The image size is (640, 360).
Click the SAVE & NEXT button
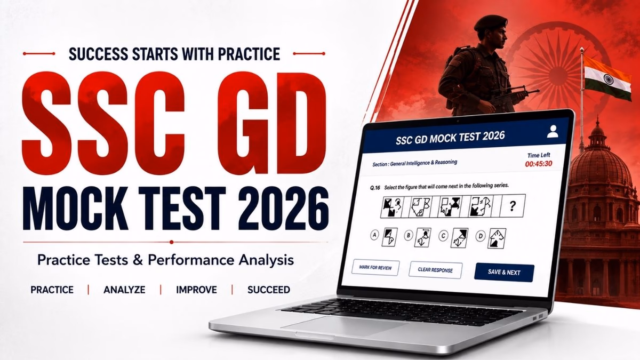coord(504,273)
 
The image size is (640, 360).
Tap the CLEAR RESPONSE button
coord(435,270)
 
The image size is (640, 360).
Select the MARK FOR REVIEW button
coord(375,268)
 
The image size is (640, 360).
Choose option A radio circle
coord(374,235)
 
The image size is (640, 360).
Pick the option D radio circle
coord(481,236)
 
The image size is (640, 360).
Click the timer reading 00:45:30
coord(539,164)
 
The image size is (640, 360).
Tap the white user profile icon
coord(553,131)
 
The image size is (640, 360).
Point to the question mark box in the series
coord(513,206)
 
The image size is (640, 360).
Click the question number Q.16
coord(375,188)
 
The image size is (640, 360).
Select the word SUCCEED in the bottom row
coord(269,290)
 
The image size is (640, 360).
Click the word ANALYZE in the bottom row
coord(124,290)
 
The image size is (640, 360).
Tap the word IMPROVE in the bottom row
coord(196,290)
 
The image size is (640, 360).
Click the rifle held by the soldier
coord(511,95)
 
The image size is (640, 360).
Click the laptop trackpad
coord(343,325)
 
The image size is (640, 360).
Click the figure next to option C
coord(459,238)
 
